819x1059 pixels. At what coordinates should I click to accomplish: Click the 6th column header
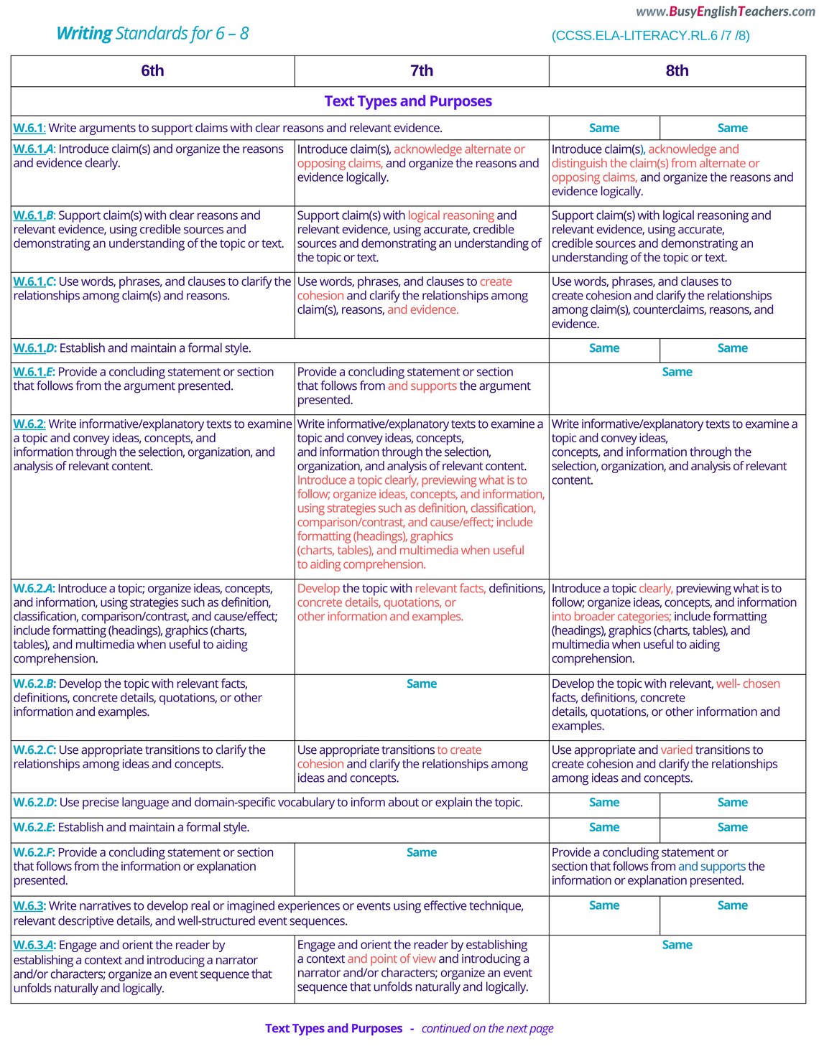click(x=152, y=71)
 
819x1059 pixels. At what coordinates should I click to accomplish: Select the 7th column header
click(x=422, y=71)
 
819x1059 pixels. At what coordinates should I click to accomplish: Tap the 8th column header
click(x=677, y=71)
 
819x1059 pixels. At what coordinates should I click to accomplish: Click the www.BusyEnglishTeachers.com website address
click(x=726, y=11)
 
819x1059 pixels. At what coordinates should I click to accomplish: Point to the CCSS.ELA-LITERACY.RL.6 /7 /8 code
click(x=650, y=36)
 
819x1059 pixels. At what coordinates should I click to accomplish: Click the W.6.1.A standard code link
click(x=34, y=149)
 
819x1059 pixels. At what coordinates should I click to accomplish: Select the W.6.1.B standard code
click(x=34, y=215)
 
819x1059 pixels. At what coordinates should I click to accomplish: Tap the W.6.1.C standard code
click(x=34, y=282)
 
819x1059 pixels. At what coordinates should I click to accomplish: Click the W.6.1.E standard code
click(x=34, y=372)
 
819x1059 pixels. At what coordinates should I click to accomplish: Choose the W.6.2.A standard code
click(x=34, y=589)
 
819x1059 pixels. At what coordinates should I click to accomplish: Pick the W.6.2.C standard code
click(x=34, y=750)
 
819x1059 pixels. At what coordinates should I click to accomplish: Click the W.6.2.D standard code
click(x=34, y=803)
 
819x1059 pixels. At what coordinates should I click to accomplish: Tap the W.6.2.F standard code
click(x=34, y=853)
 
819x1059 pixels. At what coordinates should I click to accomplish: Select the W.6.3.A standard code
click(x=34, y=946)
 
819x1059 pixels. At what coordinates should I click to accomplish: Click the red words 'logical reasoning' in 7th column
click(x=450, y=215)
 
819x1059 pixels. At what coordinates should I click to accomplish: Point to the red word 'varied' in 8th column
click(x=676, y=750)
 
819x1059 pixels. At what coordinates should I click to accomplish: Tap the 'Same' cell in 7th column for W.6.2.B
click(x=422, y=684)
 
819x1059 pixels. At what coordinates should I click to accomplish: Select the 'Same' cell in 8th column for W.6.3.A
click(x=677, y=946)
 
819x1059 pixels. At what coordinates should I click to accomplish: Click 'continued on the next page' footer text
click(x=487, y=1029)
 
